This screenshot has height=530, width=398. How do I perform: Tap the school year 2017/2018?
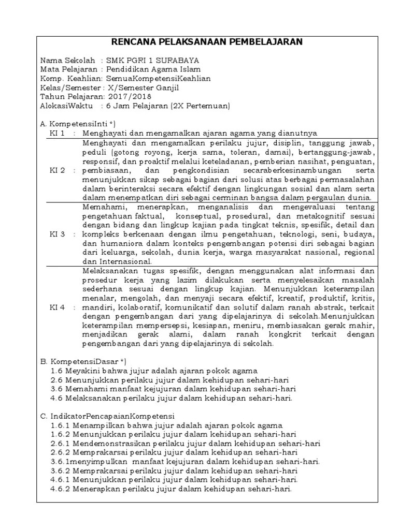[126, 97]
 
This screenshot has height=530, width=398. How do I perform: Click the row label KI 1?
[57, 133]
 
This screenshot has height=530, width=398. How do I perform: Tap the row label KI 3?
[57, 234]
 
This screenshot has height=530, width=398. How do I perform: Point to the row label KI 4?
[57, 307]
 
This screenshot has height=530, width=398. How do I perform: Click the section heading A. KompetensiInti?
[77, 124]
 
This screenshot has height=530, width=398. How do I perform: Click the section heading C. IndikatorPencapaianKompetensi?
[108, 416]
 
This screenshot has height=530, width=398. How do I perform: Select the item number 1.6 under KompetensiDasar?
[57, 371]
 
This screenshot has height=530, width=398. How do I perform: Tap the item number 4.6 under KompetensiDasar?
[57, 398]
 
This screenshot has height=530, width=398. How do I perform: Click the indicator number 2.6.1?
[61, 444]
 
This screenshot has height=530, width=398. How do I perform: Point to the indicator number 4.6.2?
[61, 489]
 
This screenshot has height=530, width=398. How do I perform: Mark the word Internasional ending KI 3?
[113, 261]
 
